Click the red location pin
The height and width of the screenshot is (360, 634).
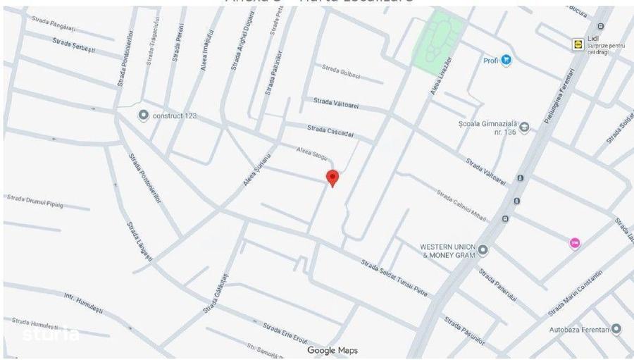click(332, 178)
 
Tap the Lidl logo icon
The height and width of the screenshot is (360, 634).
click(578, 44)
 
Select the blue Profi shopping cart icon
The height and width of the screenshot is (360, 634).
click(506, 61)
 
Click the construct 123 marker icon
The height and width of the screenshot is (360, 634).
click(144, 115)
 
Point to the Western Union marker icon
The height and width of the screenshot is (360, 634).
click(483, 249)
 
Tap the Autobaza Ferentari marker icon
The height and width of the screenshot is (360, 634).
click(616, 329)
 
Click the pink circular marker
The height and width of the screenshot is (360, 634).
click(575, 243)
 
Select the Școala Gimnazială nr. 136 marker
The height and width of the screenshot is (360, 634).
click(525, 132)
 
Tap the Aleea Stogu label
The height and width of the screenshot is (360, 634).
click(313, 153)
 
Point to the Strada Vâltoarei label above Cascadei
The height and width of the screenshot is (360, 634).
click(336, 104)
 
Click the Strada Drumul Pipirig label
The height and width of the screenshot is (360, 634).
click(35, 201)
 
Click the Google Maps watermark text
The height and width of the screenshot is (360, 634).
click(332, 350)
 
